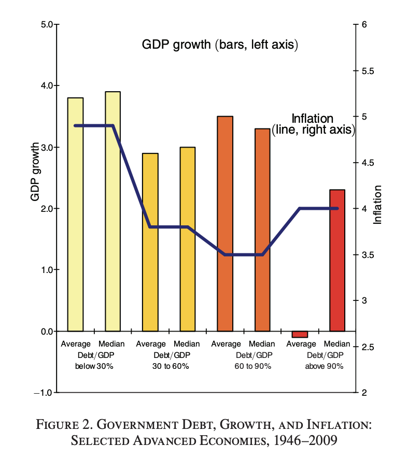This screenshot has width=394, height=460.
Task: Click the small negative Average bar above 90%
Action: pyautogui.click(x=300, y=334)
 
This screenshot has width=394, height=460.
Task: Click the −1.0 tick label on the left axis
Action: pyautogui.click(x=44, y=393)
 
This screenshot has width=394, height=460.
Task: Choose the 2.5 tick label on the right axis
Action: pyautogui.click(x=369, y=347)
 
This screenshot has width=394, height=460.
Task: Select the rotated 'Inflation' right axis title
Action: pyautogui.click(x=378, y=205)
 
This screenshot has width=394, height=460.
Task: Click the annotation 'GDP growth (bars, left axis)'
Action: pyautogui.click(x=220, y=45)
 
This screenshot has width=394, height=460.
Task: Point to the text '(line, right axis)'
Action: pyautogui.click(x=313, y=130)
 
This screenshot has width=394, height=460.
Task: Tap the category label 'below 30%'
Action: pyautogui.click(x=94, y=366)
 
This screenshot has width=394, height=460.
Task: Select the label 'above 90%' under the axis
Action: pyautogui.click(x=323, y=366)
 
